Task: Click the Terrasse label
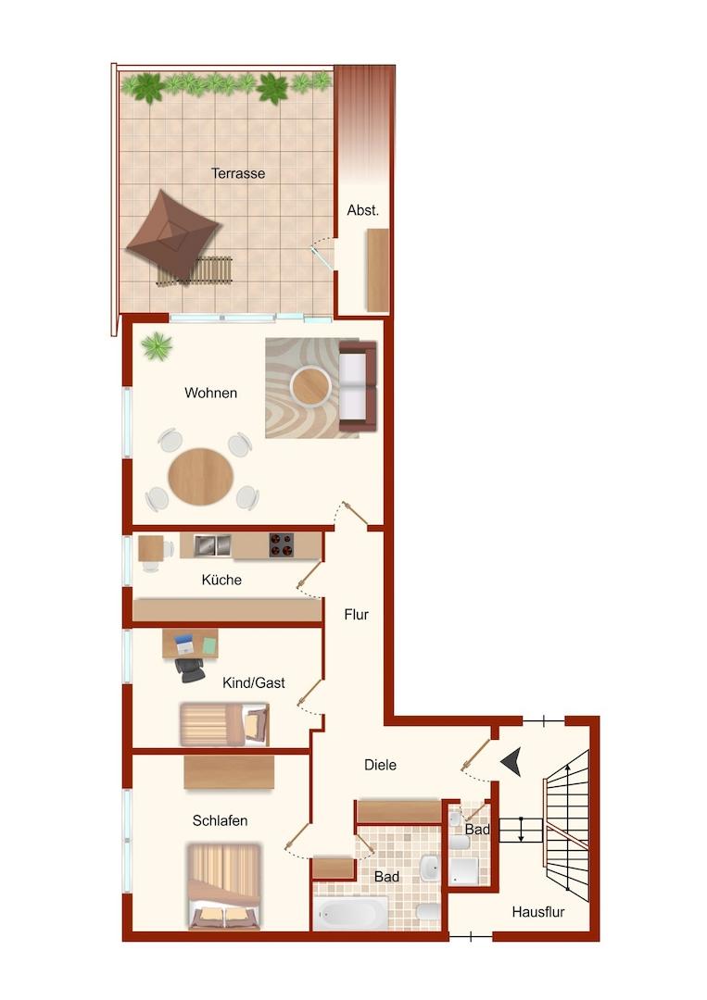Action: point(238,173)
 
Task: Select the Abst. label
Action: point(362,210)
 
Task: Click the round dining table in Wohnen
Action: point(201,477)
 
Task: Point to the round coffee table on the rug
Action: point(310,386)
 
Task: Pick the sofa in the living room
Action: point(358,386)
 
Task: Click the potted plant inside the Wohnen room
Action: point(157,346)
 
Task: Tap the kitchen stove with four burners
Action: point(282,544)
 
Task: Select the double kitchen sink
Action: point(212,544)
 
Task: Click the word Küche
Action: point(221,580)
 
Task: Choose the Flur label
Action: point(356,615)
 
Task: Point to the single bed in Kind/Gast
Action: point(224,724)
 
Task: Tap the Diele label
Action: point(380,765)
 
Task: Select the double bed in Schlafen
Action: point(224,886)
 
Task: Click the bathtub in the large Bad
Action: point(350,913)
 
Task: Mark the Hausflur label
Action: point(538,913)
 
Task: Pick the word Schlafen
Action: point(221,820)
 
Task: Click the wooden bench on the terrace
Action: point(196,270)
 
